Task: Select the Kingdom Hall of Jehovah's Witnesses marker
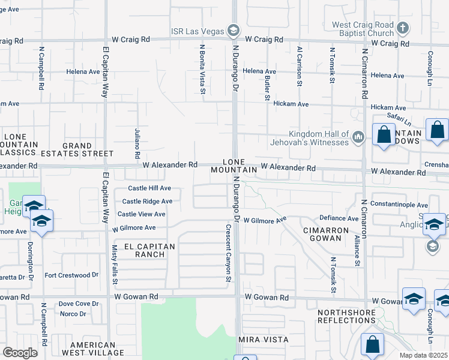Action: coord(358,137)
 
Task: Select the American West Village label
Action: coord(92,349)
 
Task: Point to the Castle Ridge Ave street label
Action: coord(147,202)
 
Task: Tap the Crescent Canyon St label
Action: coord(228,253)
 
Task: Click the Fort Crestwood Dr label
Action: coord(71,275)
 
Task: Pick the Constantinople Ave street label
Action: coord(399,205)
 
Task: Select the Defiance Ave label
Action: coord(339,218)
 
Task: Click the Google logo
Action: coord(20,353)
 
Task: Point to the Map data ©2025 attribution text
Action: coord(424,355)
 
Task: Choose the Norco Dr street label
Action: coord(73,313)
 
